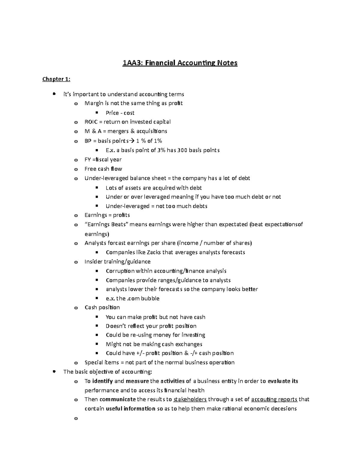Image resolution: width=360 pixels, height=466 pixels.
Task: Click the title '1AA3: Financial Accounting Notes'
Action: pos(180,63)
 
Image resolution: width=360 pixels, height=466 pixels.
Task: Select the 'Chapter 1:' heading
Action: pos(56,79)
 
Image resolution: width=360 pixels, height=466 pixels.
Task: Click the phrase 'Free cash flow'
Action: pos(103,169)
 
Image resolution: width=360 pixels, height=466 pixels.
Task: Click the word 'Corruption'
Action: pos(120,271)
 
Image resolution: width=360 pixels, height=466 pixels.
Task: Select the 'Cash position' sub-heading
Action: pos(102,308)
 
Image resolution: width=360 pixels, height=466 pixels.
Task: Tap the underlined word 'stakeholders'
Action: pos(190,399)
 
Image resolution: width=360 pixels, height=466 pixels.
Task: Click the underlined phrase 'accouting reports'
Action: pos(274,399)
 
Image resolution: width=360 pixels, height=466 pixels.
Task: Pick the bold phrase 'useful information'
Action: pos(130,409)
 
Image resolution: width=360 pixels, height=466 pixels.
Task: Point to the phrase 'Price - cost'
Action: pos(120,113)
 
